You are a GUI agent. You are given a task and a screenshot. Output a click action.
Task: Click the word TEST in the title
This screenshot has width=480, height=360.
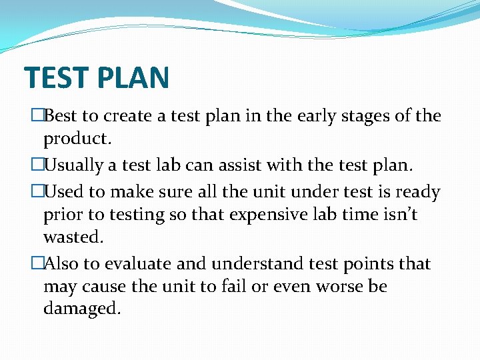coord(56,77)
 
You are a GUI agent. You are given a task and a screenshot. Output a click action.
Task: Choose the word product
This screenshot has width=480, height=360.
coord(77,139)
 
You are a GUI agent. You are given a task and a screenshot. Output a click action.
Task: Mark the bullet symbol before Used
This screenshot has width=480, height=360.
coord(37,192)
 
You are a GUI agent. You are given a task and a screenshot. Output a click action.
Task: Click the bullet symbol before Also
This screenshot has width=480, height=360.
coord(37,264)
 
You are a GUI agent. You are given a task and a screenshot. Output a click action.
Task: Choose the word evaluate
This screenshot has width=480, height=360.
coord(139,264)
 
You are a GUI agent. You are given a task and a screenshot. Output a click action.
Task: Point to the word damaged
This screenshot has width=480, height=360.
coord(82,309)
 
